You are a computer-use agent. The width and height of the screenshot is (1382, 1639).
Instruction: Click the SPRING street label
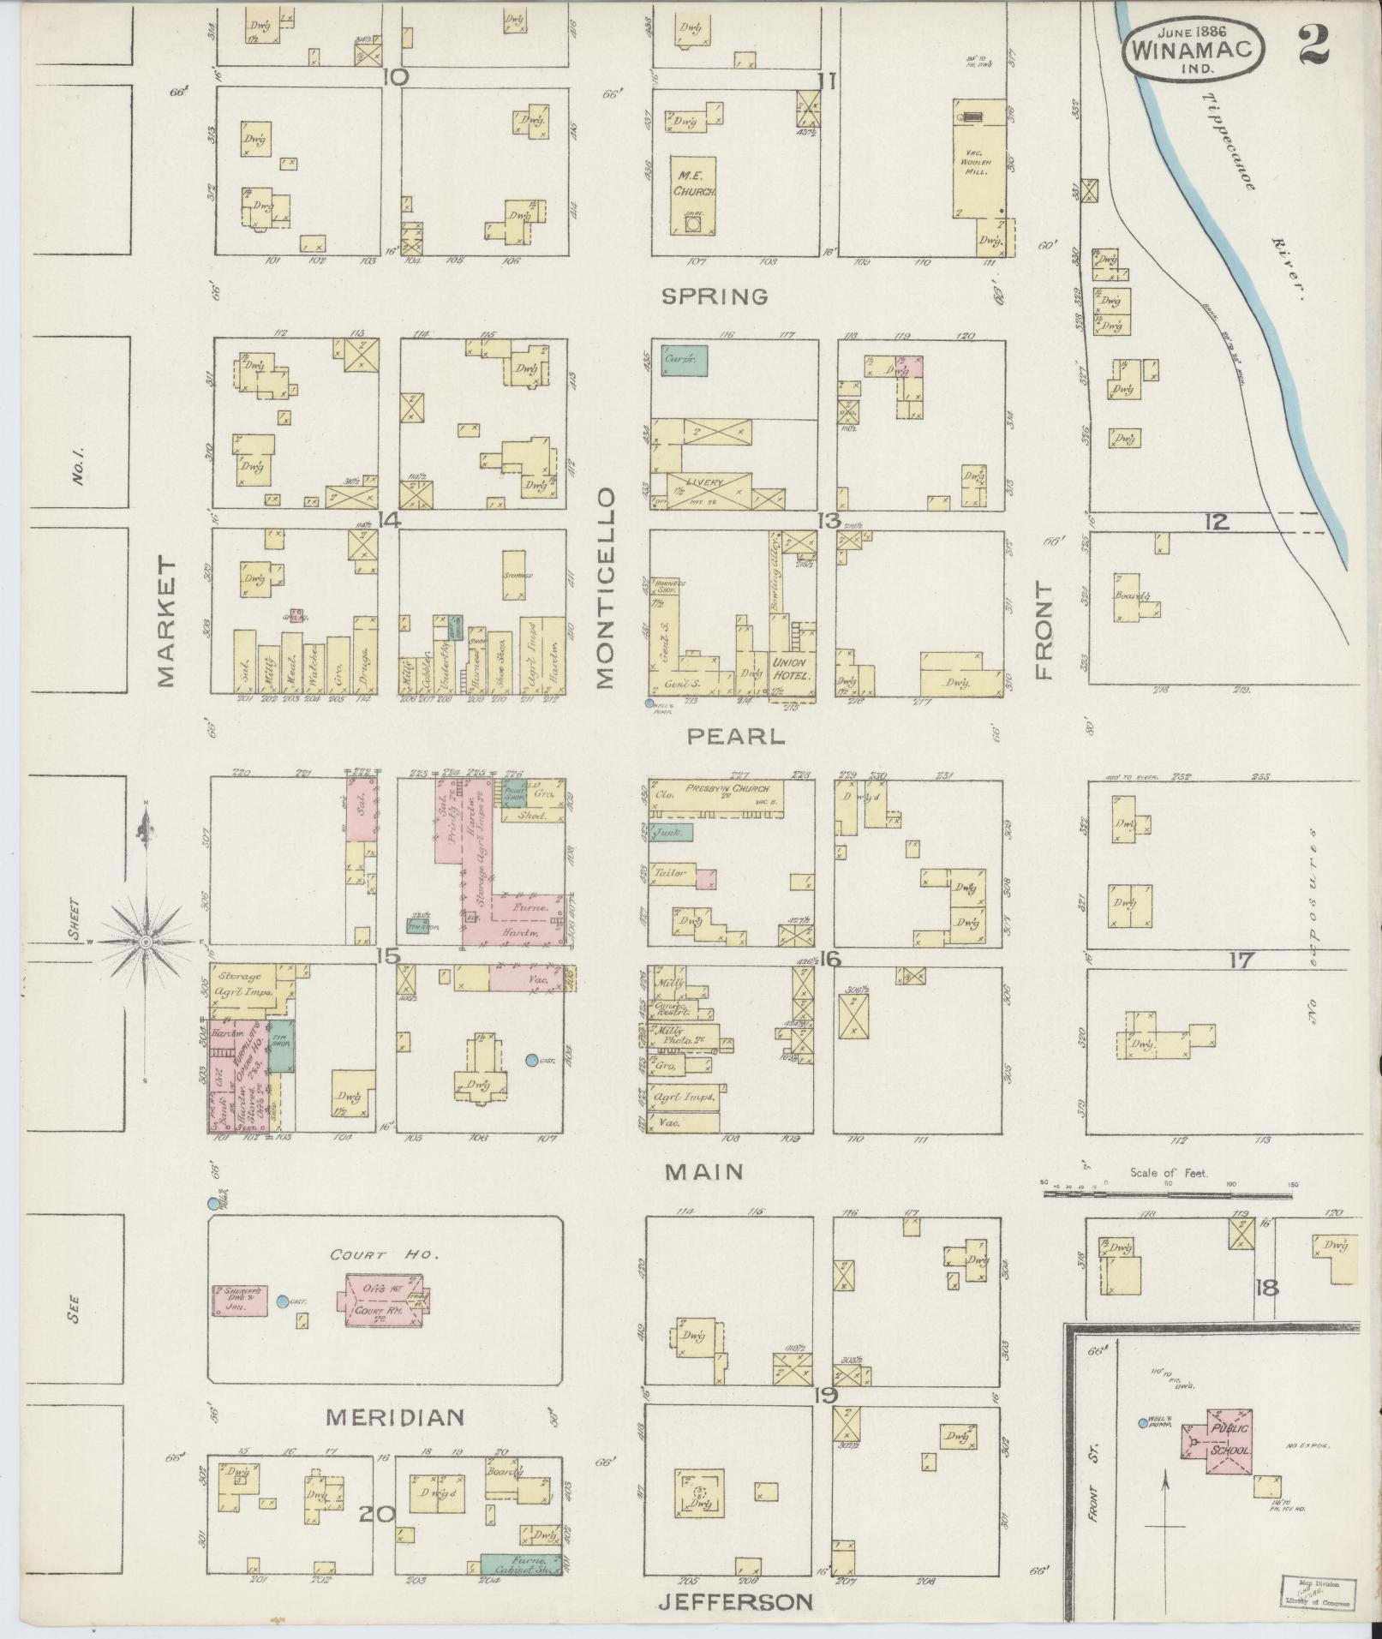click(715, 296)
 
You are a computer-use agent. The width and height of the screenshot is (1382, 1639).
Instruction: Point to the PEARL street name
click(736, 736)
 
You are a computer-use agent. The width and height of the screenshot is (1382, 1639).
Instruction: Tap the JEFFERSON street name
click(734, 1601)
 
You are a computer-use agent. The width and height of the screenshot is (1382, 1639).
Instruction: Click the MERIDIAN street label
click(395, 1416)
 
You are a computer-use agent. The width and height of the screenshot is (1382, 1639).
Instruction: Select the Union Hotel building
click(792, 668)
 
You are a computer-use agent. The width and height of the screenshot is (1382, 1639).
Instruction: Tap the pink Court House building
click(384, 1300)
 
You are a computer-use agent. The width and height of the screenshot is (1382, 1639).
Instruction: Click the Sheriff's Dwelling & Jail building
click(240, 1300)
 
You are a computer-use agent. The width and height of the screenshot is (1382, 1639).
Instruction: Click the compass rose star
click(147, 941)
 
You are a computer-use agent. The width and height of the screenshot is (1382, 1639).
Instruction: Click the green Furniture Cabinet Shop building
click(518, 1564)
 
